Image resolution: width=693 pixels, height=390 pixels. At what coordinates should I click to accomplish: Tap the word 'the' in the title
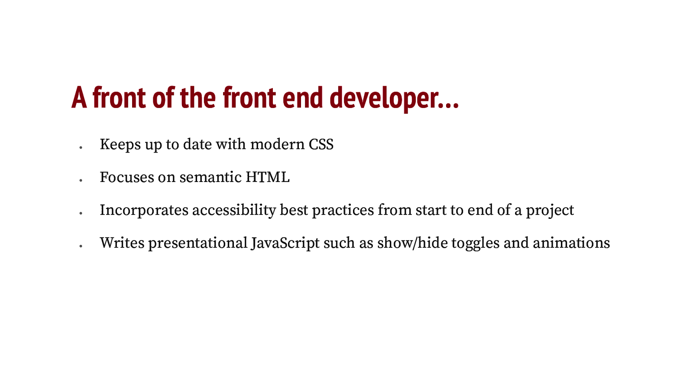pos(198,98)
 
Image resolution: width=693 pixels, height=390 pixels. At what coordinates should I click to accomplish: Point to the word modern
pos(277,144)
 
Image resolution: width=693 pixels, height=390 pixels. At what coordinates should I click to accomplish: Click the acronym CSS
pos(321,144)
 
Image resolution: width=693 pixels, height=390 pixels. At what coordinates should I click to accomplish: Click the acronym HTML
pos(268,177)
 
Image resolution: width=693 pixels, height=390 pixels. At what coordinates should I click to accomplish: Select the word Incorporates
pos(144,210)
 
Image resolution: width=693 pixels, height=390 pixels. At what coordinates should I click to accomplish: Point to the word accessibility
pos(234,210)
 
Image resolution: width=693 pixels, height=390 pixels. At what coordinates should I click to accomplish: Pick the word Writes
pos(122,243)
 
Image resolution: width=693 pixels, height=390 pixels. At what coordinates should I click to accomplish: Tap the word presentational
pos(198,243)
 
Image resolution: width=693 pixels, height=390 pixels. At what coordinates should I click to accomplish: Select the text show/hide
pos(412,243)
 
